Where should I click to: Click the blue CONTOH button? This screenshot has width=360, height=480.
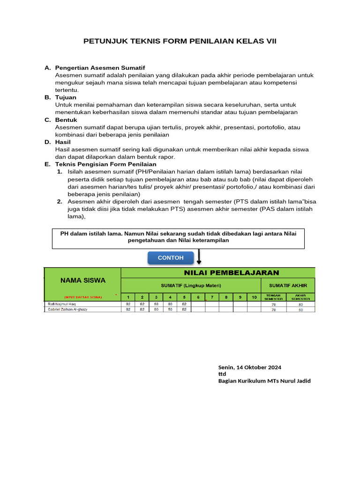pos(171,258)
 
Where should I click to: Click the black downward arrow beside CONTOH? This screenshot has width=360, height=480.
pos(199,257)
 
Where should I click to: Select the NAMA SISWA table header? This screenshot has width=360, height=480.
pos(83,280)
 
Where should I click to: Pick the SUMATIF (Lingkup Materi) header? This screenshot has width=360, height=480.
pos(191,285)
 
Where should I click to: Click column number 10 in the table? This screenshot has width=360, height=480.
pos(254,297)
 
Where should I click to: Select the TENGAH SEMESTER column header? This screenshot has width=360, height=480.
pos(274,297)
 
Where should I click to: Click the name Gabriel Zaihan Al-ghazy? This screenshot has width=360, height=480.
pos(68,309)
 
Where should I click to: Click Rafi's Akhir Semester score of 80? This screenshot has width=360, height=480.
pos(301,304)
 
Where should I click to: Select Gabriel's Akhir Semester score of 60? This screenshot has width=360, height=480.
pos(301,310)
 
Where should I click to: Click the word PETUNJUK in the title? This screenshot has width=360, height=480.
pos(103,41)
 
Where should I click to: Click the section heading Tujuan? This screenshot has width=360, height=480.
pos(66,97)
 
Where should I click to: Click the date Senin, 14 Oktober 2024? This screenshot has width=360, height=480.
pos(250,367)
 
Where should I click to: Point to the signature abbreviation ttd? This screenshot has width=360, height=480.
pos(222,374)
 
